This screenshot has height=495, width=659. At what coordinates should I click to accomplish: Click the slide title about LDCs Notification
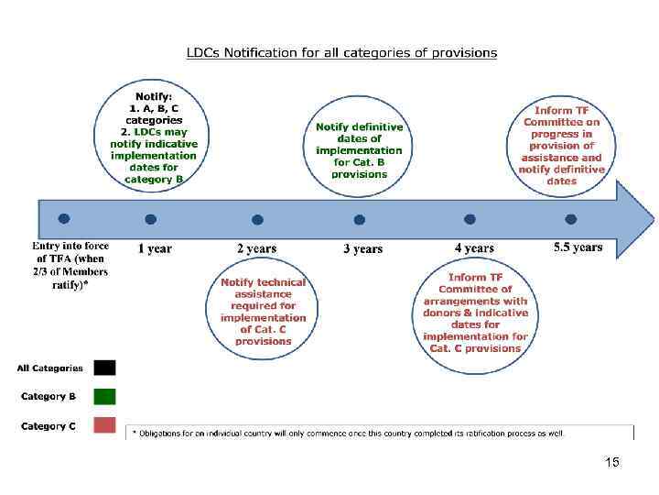[x=341, y=52]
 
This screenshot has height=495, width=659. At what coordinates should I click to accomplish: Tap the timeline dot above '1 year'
[x=151, y=219]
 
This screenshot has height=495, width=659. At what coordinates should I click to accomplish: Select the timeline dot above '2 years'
[x=258, y=220]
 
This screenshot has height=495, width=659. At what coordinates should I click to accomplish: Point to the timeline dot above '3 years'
[x=360, y=220]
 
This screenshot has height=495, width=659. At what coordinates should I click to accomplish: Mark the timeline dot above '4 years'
[x=470, y=219]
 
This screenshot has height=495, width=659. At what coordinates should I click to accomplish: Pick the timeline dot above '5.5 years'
[x=571, y=219]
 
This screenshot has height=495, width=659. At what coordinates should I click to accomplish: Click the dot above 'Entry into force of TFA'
[x=63, y=219]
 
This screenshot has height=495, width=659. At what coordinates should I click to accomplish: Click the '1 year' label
[x=155, y=248]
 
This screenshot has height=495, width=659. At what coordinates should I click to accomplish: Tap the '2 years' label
[x=257, y=248]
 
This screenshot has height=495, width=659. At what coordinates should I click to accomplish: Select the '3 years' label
[x=363, y=248]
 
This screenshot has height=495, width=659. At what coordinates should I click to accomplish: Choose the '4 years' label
[x=474, y=248]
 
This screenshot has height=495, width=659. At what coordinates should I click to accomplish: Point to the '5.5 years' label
[x=578, y=247]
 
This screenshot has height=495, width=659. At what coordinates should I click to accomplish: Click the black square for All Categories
[x=104, y=368]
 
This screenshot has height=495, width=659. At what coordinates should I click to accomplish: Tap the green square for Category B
[x=104, y=397]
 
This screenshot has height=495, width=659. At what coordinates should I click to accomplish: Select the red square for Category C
[x=104, y=425]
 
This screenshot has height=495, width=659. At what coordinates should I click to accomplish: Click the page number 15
[x=612, y=463]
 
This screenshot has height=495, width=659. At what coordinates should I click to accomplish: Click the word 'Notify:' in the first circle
[x=154, y=96]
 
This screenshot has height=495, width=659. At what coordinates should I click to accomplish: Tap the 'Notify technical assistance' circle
[x=263, y=312]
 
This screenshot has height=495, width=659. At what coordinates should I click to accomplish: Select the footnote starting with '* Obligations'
[x=349, y=433]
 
